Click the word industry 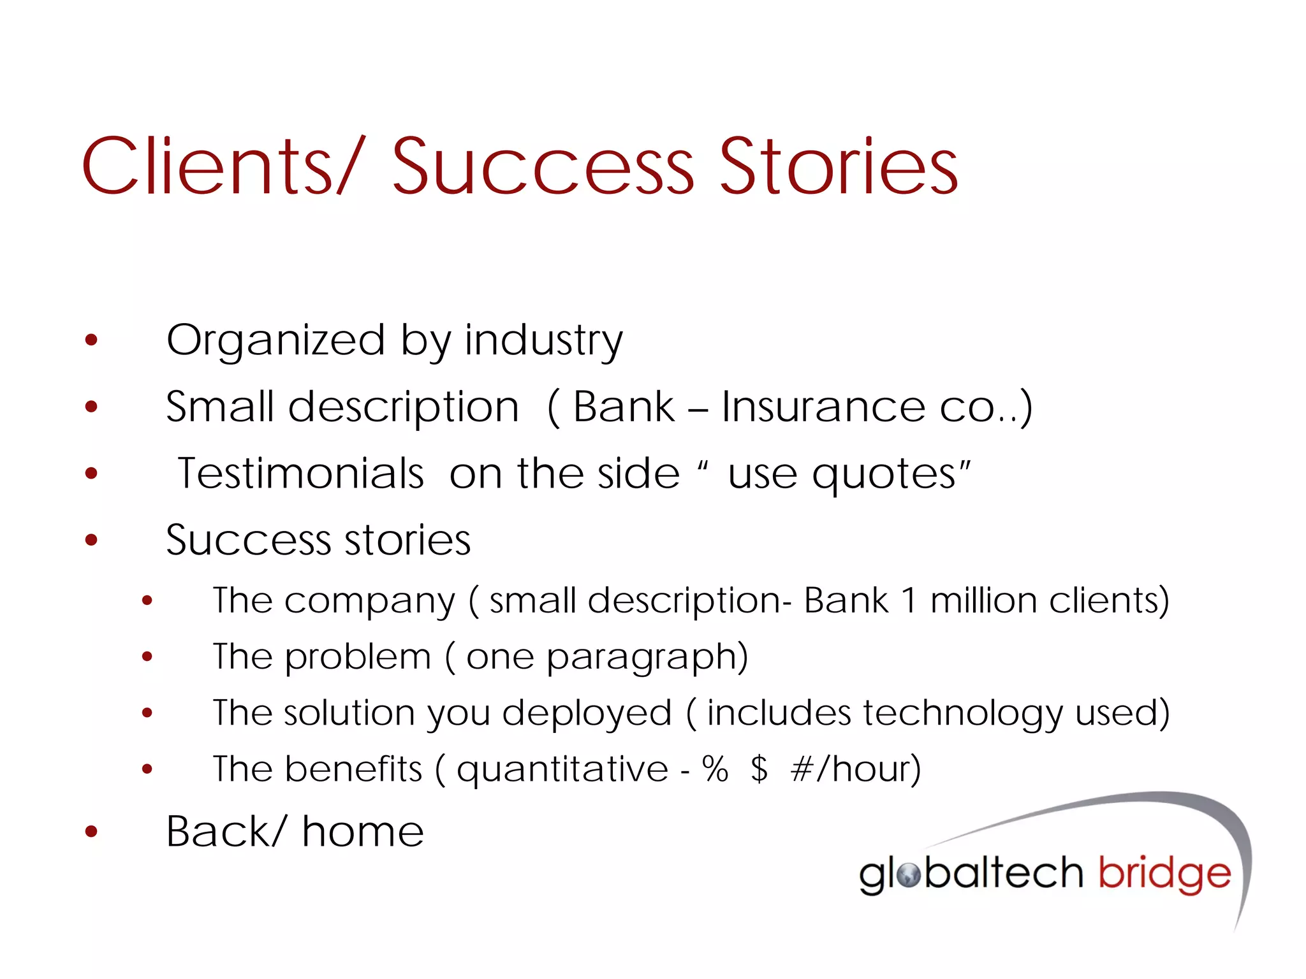coord(543,341)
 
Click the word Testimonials coord(300,474)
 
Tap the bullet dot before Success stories coord(92,540)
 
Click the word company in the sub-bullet coord(370,601)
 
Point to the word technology coord(963,713)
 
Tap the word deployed coord(587,713)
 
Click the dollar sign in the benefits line coord(759,769)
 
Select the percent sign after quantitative coord(715,769)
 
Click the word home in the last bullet coord(362,832)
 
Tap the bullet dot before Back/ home coord(92,832)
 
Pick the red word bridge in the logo coord(1164,874)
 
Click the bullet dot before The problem coord(147,656)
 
